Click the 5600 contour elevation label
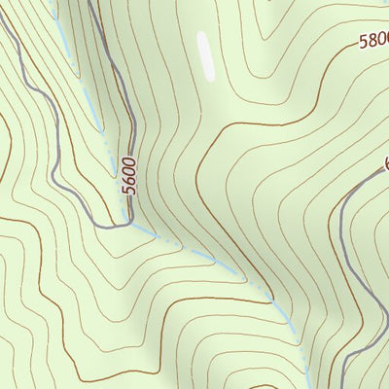[x=129, y=175]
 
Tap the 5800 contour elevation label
[x=372, y=42]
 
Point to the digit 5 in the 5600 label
[x=128, y=190]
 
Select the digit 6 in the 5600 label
[x=129, y=180]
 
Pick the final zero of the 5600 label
[x=131, y=161]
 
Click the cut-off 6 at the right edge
[x=385, y=163]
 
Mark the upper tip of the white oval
[x=202, y=34]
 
